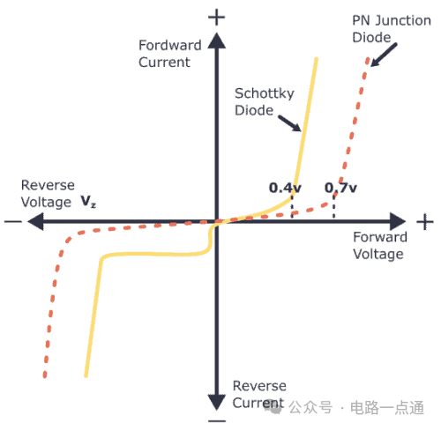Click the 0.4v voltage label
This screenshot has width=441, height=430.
coord(285,188)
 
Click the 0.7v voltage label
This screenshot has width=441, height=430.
coord(340,188)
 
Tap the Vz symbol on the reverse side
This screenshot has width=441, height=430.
coord(88,202)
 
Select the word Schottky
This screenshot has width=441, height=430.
coord(265,94)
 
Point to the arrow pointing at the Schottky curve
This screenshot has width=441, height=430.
coord(289,122)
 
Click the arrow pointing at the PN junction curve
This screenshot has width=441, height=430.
coord(384,55)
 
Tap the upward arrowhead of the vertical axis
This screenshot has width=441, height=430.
coord(217,41)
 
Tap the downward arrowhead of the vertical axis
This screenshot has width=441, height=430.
coord(217,402)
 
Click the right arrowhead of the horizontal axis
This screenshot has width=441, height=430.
coord(398,221)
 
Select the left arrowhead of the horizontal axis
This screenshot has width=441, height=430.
coord(35,221)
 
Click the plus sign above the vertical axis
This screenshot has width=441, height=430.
coord(217,17)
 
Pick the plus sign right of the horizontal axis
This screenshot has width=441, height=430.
coord(425,222)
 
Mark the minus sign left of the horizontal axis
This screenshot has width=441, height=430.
coord(13,221)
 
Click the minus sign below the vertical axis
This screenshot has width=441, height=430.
coord(217,421)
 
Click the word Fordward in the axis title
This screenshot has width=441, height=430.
coord(170,45)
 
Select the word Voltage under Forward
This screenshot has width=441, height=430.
coord(378,255)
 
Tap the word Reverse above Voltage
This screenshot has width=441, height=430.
coord(48,185)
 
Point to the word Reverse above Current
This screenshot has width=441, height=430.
coord(259,386)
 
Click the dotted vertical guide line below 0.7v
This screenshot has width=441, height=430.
coord(333,205)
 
